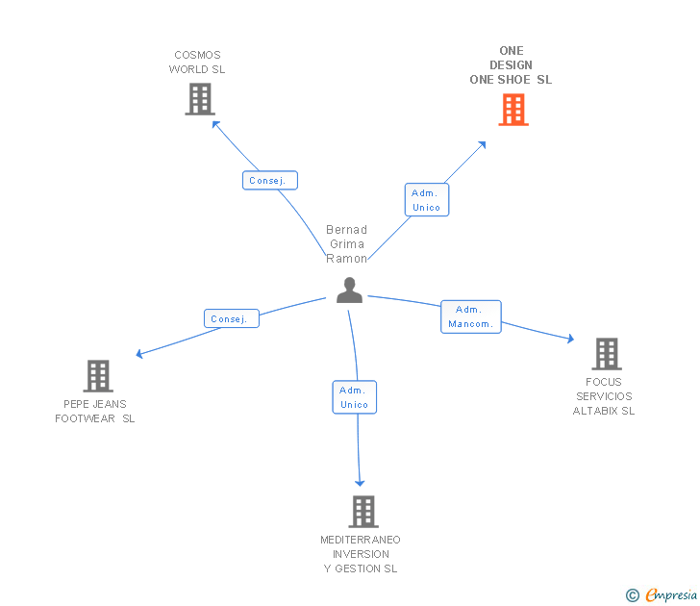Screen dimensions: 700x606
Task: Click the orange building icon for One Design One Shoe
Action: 513,110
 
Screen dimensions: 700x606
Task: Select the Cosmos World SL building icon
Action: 199,99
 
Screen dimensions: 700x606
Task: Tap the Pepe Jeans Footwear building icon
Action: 98,376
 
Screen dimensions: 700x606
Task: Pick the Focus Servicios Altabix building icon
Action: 606,354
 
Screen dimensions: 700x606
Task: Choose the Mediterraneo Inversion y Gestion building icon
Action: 362,512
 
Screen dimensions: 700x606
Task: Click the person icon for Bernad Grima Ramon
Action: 349,290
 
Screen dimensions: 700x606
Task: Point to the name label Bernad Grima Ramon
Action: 347,244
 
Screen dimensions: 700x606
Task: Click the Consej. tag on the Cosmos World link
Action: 269,181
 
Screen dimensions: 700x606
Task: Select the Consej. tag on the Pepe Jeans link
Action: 231,318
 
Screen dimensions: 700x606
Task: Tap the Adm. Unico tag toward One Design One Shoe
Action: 426,200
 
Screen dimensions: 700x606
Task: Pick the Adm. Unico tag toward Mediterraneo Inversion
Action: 354,397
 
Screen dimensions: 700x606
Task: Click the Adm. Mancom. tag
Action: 470,316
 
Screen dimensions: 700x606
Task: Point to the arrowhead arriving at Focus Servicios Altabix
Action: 570,339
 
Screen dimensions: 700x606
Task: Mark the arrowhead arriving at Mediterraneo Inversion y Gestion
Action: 361,482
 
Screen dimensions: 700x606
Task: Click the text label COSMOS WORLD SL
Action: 197,63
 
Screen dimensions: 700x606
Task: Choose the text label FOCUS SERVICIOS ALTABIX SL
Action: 604,396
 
